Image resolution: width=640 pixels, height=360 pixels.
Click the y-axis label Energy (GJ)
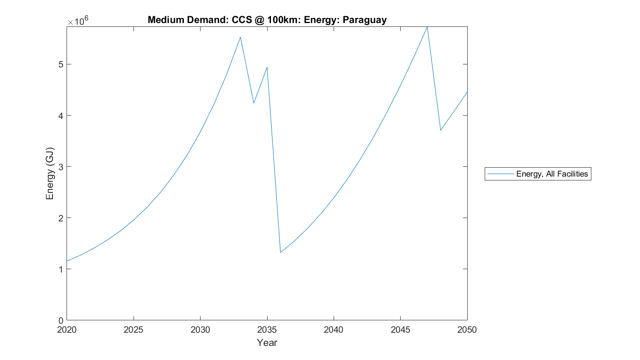(50, 174)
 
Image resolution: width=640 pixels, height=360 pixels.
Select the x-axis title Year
(267, 343)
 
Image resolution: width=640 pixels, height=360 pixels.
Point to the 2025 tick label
(134, 330)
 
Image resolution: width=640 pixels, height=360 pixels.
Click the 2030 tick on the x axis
(200, 330)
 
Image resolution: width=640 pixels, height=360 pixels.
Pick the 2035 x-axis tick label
(267, 330)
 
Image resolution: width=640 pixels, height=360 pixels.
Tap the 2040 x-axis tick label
(334, 330)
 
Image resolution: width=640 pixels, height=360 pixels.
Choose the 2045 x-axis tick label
(400, 330)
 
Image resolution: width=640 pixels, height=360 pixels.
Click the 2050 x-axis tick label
(467, 330)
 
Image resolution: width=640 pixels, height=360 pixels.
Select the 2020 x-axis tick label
(67, 330)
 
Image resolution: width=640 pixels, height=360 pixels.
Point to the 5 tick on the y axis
(61, 64)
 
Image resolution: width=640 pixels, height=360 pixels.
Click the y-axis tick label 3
(61, 167)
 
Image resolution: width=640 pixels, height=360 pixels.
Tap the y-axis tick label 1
(61, 269)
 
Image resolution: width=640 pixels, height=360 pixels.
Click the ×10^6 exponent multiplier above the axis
(78, 22)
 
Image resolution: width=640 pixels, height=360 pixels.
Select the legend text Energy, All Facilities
(552, 174)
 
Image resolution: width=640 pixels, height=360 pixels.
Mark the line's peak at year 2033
(240, 37)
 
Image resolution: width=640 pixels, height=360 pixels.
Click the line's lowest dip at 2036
(280, 253)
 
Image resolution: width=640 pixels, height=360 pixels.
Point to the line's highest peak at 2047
(427, 27)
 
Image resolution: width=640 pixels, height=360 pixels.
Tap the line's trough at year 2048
(440, 130)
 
